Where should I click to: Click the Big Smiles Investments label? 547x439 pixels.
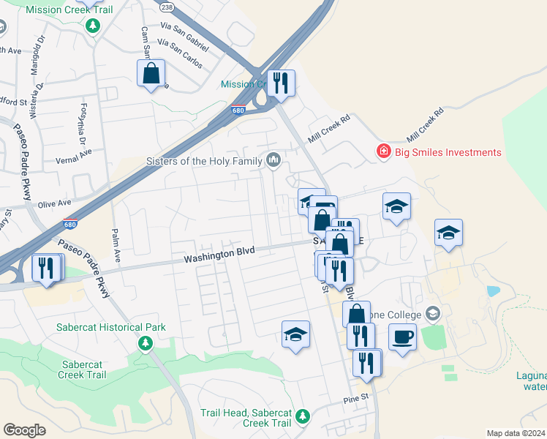449,152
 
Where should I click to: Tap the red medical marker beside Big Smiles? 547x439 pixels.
382,151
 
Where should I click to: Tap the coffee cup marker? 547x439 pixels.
402,337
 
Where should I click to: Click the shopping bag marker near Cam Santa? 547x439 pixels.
151,73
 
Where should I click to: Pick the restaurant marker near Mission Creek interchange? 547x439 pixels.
280,83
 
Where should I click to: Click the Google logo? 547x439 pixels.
24,430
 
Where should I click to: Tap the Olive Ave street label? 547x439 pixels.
54,202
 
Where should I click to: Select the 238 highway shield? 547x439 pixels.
167,7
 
